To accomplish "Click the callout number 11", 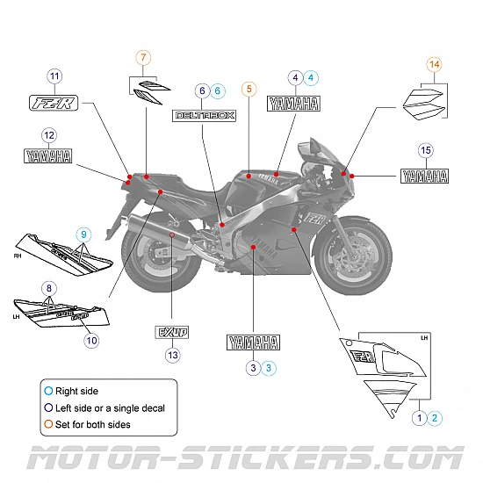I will (x=55, y=76).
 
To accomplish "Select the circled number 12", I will (x=49, y=135).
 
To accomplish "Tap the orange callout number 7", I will (x=143, y=58).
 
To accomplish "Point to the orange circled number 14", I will (x=434, y=64).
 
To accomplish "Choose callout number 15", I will (x=425, y=150).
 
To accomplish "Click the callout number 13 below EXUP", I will (x=172, y=356).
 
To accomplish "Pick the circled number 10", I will (x=91, y=340).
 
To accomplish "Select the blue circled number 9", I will (x=83, y=234).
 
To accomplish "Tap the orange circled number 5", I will (x=249, y=89).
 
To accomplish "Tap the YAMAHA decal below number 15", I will (x=425, y=175).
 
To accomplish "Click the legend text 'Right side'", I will (x=76, y=391).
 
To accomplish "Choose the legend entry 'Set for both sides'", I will (x=92, y=424).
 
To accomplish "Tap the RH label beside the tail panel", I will (x=18, y=257).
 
